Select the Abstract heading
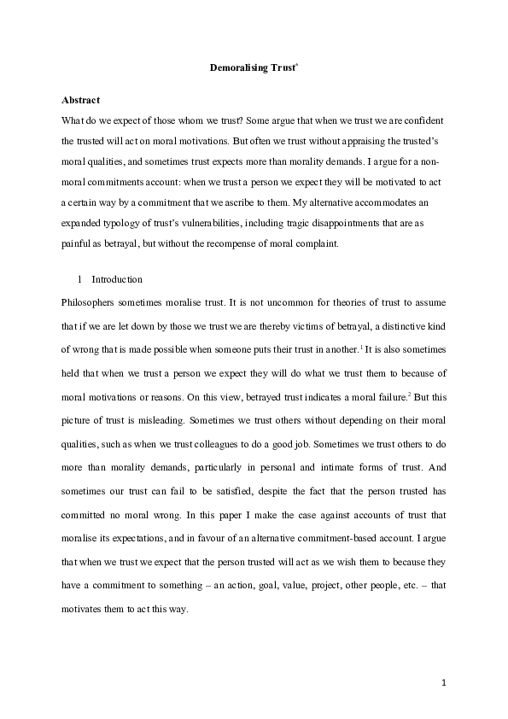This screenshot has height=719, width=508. pos(82,100)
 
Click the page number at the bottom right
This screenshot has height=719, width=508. pos(445,683)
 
